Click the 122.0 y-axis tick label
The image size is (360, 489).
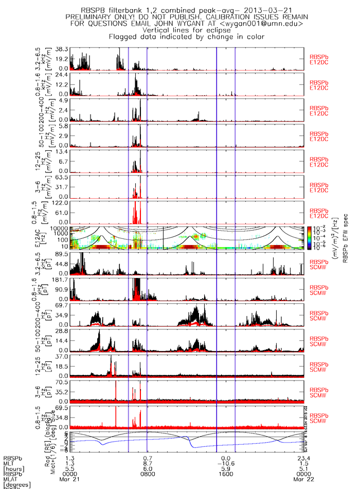pos(61,202)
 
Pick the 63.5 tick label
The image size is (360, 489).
pos(63,177)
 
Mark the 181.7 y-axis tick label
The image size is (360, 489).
pos(61,280)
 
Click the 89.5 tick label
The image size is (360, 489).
pos(63,254)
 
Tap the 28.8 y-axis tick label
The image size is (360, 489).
pos(63,331)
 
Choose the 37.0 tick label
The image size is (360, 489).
pos(63,357)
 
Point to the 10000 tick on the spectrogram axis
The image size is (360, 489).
pos(60,228)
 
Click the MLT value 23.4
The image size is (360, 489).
pos(303,458)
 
